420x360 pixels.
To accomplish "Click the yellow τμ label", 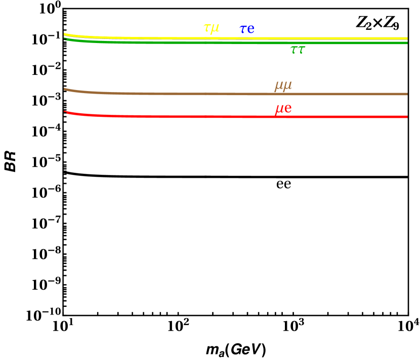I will coord(211,28).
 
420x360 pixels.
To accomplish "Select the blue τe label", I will coord(247,29).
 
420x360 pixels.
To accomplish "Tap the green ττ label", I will coord(298,50).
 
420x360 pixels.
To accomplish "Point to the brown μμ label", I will coord(283,86).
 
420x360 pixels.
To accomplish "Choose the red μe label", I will coord(283,109).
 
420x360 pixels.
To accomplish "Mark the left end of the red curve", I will coord(65,112).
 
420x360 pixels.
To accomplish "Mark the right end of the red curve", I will coord(407,117).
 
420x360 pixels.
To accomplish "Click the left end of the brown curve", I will coord(65,89).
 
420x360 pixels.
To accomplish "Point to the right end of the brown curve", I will coord(407,94).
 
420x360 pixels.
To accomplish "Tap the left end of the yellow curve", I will coord(65,34).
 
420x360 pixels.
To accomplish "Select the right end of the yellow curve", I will coord(407,38).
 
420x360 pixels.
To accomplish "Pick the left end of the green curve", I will coord(65,39).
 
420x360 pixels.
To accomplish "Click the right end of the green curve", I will coord(407,43).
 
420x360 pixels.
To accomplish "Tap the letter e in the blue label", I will coord(250,30).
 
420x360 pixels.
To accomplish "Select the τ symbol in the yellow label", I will coord(206,28).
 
